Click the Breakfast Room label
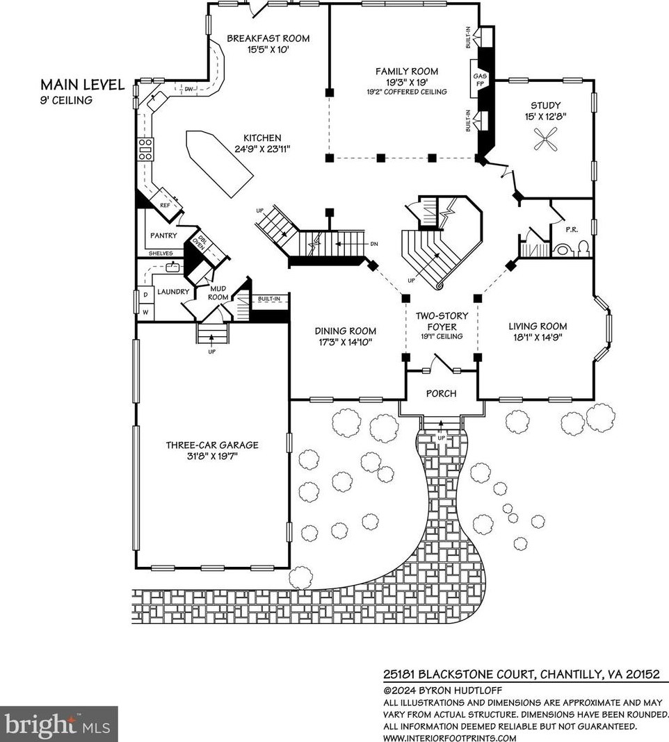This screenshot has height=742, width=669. click(x=268, y=38)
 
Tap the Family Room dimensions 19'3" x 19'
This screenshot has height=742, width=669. click(x=407, y=82)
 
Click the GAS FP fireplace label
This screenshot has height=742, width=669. click(x=480, y=80)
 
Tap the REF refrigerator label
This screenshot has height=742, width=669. click(x=165, y=206)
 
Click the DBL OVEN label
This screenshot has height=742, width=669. click(x=198, y=242)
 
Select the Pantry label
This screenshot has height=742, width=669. click(x=163, y=236)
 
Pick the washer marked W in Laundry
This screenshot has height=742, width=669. click(x=146, y=313)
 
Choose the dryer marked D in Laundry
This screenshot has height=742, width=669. click(x=145, y=295)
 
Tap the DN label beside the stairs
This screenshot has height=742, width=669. click(x=374, y=244)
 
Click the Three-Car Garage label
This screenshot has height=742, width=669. click(x=212, y=445)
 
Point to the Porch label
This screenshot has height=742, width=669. click(x=441, y=394)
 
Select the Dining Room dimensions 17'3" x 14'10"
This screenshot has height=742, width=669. click(x=346, y=342)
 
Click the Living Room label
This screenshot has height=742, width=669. click(x=538, y=326)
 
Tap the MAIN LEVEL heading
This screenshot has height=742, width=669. click(x=83, y=85)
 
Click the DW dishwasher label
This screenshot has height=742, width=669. click(x=188, y=89)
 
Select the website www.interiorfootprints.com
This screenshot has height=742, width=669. click(x=450, y=738)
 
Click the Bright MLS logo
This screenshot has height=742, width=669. click(x=58, y=723)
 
